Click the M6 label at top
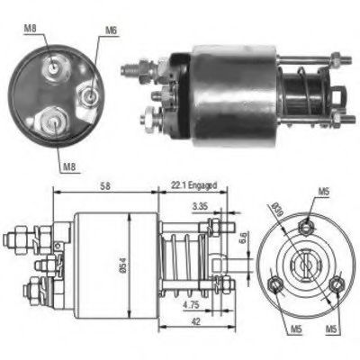112,31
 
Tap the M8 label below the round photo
69,164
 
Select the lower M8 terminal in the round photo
52,117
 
